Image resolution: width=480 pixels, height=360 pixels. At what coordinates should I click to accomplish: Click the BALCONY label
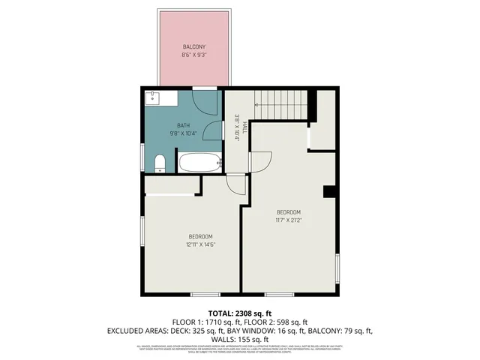coord(193,47)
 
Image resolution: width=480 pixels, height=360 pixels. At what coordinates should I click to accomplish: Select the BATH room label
coord(183,125)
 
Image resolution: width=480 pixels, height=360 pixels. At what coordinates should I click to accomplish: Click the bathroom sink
coord(153,97)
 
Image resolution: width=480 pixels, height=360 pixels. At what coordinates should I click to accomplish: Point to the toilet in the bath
coord(159,163)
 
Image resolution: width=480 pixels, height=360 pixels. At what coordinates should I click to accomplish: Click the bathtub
coord(199,162)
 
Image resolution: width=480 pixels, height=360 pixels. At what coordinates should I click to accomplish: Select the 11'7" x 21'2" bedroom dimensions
coord(289,220)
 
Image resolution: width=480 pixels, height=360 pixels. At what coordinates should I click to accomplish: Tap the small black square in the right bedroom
coord(328,192)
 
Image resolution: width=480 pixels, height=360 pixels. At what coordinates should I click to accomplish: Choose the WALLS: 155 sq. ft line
coord(240,339)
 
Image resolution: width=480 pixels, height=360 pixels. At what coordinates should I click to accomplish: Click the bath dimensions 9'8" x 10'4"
coord(183,133)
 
